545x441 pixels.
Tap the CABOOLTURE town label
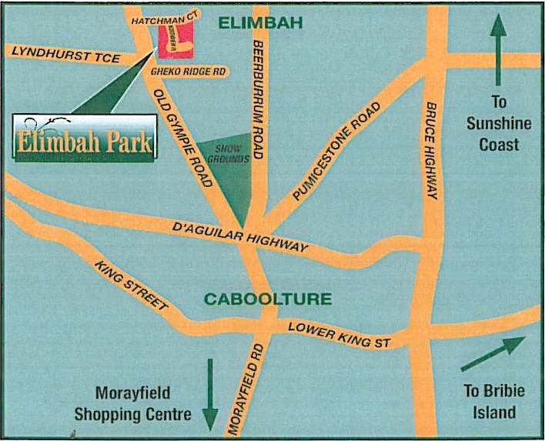267,299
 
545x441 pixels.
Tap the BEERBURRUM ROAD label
258,100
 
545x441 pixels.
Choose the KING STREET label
132,286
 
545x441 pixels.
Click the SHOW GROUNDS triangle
229,170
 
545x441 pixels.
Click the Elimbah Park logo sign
83,138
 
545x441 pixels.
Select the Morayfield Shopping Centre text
132,403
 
